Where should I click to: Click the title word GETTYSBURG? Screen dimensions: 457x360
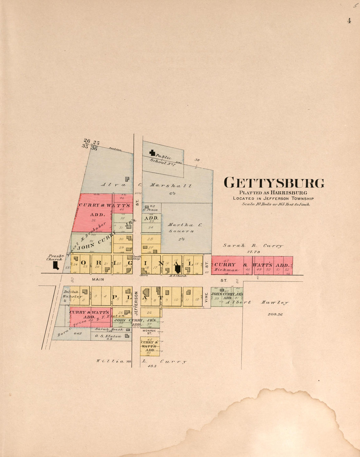pyautogui.click(x=274, y=183)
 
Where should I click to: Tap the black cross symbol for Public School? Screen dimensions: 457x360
pyautogui.click(x=152, y=152)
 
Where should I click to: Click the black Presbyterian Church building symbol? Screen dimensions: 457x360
pyautogui.click(x=56, y=265)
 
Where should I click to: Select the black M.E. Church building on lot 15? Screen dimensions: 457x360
pyautogui.click(x=178, y=269)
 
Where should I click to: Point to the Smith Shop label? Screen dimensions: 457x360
pyautogui.click(x=136, y=258)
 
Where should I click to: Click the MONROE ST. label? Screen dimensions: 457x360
pyautogui.click(x=149, y=332)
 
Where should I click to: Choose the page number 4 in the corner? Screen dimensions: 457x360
pyautogui.click(x=349, y=21)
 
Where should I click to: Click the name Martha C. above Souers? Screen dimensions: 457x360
pyautogui.click(x=180, y=225)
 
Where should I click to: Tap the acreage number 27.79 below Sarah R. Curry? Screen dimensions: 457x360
pyautogui.click(x=253, y=252)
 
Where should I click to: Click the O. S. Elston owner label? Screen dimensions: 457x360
pyautogui.click(x=108, y=336)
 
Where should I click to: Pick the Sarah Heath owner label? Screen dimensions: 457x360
pyautogui.click(x=109, y=329)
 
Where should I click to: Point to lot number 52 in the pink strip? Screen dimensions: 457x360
pyautogui.click(x=287, y=269)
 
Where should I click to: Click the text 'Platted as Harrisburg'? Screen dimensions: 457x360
pyautogui.click(x=273, y=193)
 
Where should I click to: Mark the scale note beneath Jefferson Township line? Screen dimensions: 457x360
pyautogui.click(x=276, y=204)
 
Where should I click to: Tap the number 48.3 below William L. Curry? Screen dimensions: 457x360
pyautogui.click(x=152, y=366)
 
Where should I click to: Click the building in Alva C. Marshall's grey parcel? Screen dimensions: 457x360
pyautogui.click(x=127, y=179)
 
